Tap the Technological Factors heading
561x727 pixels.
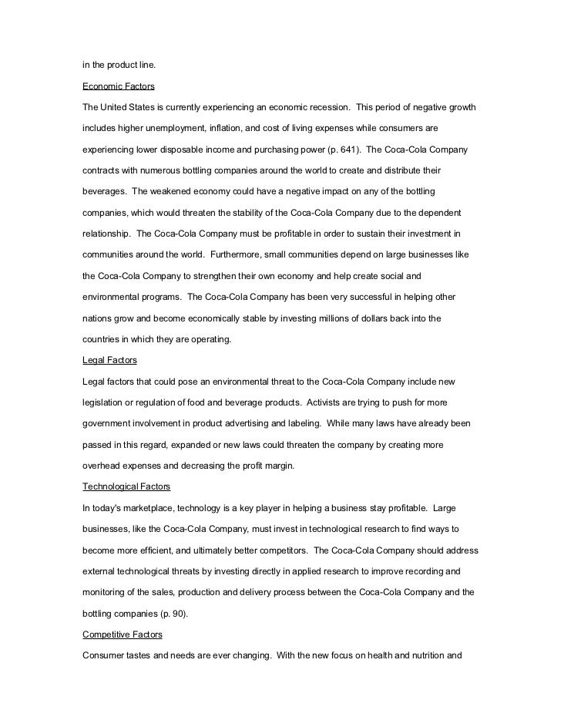tap(126, 486)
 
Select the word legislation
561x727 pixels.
tap(106, 402)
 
